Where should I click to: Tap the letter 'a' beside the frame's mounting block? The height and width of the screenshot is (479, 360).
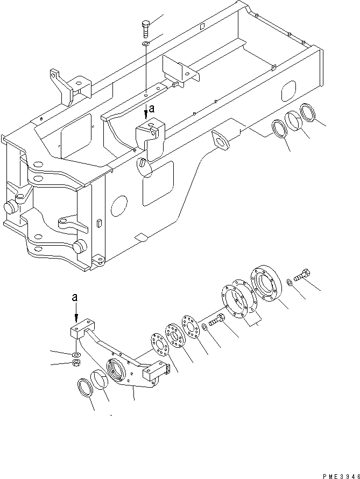click(152, 108)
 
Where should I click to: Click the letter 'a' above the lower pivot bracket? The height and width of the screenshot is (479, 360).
click(75, 296)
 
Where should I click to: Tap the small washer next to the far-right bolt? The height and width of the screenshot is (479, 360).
click(290, 281)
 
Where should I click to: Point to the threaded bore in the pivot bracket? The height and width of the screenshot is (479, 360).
click(116, 370)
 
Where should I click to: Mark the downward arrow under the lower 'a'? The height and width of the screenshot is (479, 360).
click(76, 317)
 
